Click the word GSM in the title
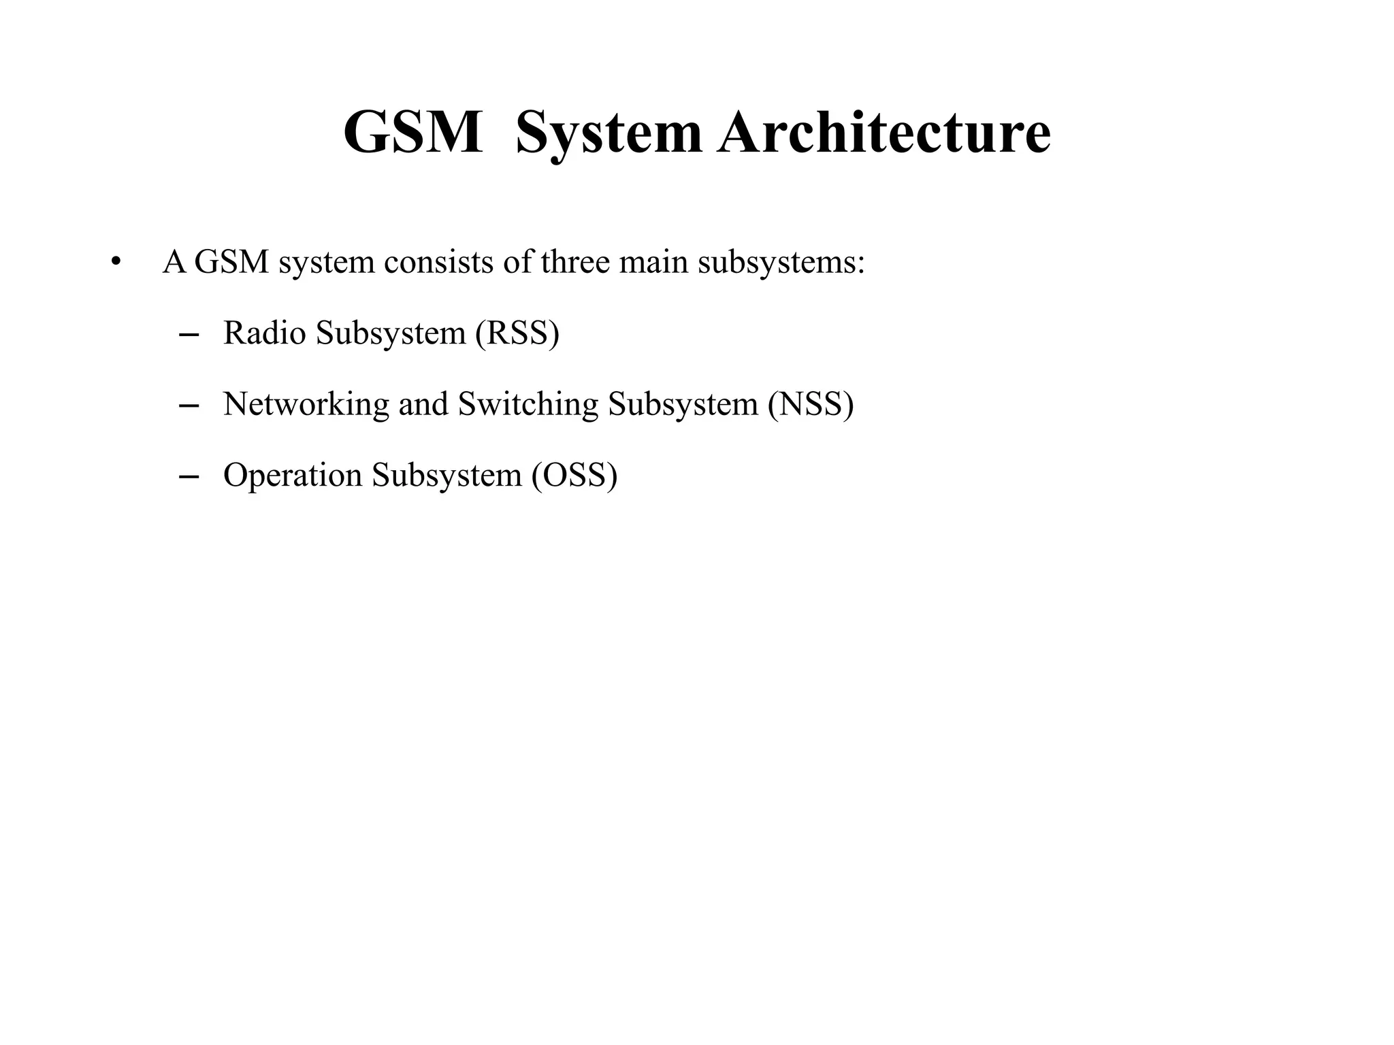point(413,132)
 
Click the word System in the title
point(609,132)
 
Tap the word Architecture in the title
point(884,132)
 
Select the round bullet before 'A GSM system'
point(116,262)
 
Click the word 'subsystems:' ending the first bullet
point(781,262)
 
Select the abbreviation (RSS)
point(517,333)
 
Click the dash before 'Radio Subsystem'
point(188,335)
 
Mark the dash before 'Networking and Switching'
point(188,405)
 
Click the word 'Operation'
point(293,474)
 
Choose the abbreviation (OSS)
point(574,474)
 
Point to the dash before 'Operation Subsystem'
point(188,476)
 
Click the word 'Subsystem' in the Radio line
point(390,333)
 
